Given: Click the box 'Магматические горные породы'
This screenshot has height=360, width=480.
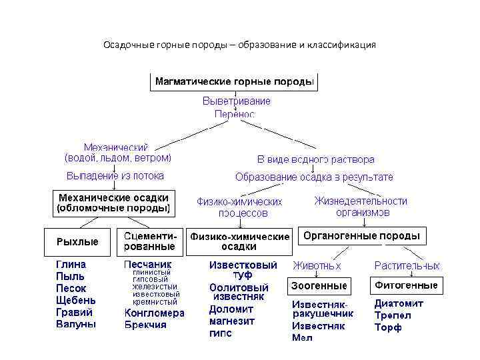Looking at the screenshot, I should (233, 82).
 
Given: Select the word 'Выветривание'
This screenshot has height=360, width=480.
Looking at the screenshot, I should (237, 101).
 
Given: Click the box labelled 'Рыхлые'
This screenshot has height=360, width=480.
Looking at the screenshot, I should (77, 242).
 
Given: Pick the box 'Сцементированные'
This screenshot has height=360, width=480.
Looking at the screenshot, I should (151, 241).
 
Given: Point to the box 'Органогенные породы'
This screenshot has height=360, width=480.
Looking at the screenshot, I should (361, 236).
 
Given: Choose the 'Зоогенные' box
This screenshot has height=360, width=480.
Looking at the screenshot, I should (319, 285).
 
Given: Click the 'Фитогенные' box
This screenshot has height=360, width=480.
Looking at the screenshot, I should (406, 285).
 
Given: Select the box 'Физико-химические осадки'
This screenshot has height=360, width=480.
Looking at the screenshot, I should (240, 241).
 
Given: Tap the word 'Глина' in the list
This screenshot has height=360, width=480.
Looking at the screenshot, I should (71, 264).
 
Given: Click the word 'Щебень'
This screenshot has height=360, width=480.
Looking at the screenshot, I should (76, 300).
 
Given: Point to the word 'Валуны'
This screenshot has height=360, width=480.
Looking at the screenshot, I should (75, 324).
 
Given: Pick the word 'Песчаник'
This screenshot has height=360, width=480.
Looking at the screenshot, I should (147, 264).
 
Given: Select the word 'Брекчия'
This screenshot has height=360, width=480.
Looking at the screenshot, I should (145, 325).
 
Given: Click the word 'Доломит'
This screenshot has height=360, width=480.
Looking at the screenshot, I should (231, 309).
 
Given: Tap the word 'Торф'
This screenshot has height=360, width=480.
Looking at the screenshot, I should (388, 327).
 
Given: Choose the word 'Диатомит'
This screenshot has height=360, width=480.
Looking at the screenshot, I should (399, 303).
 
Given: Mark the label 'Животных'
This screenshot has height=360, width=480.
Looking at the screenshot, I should (318, 265).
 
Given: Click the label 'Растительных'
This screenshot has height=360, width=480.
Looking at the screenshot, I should (407, 265).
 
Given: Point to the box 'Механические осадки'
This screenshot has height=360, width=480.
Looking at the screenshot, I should (113, 203).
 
